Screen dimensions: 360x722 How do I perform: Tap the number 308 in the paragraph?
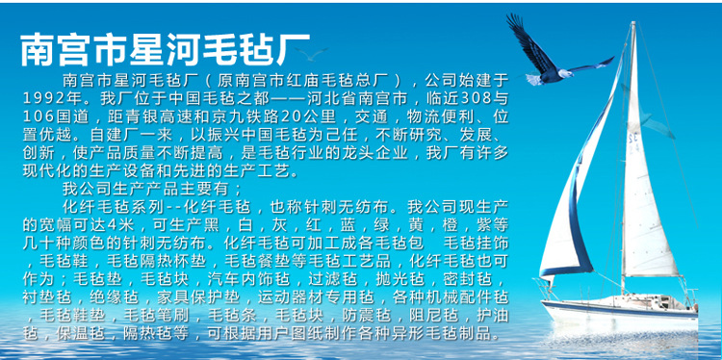[x=475, y=97]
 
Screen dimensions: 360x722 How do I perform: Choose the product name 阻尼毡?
[x=432, y=315]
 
